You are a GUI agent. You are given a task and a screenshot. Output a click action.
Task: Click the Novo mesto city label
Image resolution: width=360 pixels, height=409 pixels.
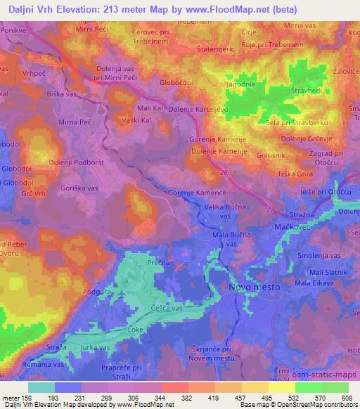coord(255,288)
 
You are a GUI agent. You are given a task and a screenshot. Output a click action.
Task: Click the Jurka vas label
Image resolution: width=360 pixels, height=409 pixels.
coord(94,347)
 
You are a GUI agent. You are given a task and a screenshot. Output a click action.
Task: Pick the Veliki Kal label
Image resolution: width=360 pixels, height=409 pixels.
coord(137,120)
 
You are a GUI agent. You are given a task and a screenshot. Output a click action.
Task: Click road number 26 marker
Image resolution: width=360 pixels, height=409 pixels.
coord(224,172)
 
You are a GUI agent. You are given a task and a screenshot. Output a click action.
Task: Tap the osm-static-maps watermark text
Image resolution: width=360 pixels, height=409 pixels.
coord(327,377)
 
